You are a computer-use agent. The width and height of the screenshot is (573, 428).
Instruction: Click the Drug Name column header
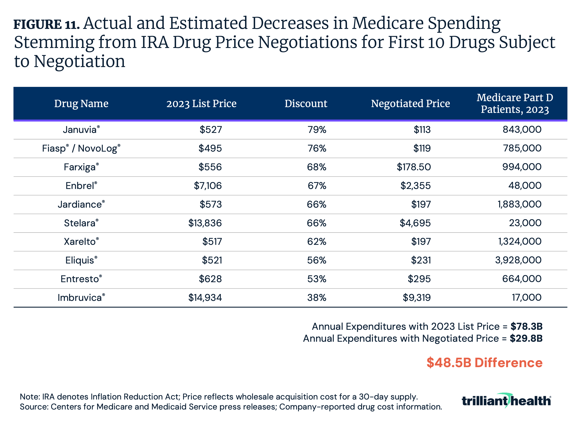click(81, 103)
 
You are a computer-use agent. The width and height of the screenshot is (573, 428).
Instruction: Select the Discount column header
click(306, 103)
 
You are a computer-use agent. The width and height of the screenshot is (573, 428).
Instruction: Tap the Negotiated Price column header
click(410, 103)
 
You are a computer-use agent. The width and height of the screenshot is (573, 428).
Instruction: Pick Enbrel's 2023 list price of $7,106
click(208, 185)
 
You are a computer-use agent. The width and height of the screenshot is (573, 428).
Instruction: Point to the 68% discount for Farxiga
click(316, 167)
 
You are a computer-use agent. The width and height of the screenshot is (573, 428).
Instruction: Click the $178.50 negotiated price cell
click(414, 167)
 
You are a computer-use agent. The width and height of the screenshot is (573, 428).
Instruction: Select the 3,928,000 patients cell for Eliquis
click(518, 260)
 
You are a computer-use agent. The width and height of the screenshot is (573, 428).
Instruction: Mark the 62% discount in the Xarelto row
click(316, 242)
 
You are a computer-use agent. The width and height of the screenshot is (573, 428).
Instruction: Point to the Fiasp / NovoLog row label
click(81, 148)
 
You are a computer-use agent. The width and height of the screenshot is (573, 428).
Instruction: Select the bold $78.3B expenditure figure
click(526, 326)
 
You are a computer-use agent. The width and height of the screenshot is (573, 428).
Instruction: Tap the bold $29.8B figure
click(526, 338)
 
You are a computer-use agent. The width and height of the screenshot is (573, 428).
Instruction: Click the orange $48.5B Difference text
click(484, 363)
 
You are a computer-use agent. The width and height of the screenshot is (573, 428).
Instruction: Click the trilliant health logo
click(506, 400)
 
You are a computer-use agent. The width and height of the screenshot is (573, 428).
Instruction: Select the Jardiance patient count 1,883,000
click(520, 204)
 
